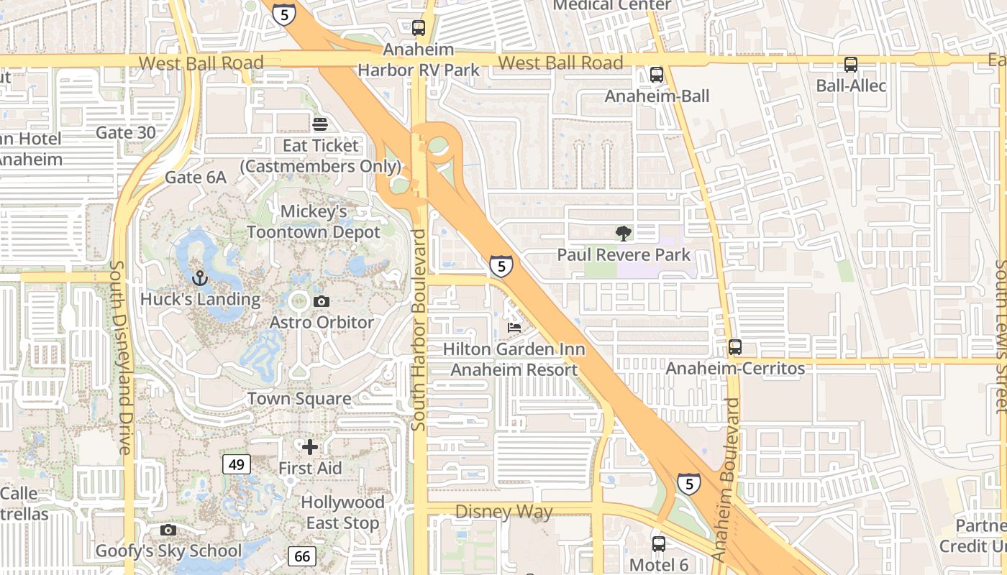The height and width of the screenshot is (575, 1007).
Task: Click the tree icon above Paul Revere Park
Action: [624, 233]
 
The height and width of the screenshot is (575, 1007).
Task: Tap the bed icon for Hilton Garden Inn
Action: [514, 328]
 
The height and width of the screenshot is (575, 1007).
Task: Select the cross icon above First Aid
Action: [310, 447]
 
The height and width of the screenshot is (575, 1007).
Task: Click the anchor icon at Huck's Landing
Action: [199, 277]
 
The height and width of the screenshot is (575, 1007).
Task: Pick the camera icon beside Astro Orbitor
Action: [322, 301]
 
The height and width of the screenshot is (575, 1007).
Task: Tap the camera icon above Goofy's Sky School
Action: [168, 530]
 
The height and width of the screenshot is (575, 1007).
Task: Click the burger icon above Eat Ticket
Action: [320, 124]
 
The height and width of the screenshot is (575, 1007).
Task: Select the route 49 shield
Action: [237, 464]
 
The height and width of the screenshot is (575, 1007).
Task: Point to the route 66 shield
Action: [303, 556]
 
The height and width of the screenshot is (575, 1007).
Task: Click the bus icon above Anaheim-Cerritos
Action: [734, 347]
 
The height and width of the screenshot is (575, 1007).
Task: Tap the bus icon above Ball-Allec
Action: [851, 65]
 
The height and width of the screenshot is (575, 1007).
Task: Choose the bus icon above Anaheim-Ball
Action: [656, 75]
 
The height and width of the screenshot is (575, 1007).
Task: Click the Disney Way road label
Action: [504, 512]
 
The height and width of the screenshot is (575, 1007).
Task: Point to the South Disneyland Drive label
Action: [120, 356]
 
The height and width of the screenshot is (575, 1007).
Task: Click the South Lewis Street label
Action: [1000, 336]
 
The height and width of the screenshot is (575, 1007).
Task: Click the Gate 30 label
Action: [126, 132]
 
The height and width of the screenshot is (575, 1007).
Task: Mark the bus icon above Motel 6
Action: [658, 544]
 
